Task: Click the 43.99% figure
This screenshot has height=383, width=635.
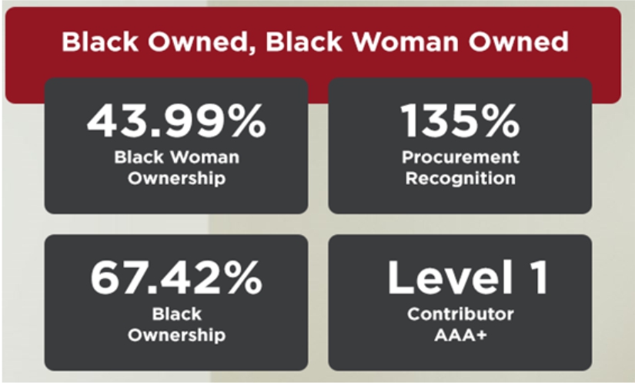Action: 176,120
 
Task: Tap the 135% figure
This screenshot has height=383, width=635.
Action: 460,120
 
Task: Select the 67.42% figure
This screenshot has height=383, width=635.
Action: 176,277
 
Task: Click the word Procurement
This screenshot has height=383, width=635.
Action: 460,157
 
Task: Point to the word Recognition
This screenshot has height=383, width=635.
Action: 460,178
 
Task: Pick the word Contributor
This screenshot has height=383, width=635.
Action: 460,314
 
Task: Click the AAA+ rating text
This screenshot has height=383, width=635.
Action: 460,335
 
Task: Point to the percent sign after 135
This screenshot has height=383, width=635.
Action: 500,120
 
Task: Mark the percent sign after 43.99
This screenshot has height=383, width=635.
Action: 247,120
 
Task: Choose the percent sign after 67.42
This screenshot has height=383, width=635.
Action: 243,277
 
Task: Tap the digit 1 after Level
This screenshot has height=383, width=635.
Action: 540,277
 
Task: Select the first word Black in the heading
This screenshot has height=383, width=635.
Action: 99,42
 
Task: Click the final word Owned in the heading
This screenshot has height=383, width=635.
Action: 519,42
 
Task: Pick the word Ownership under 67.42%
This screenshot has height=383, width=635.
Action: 176,335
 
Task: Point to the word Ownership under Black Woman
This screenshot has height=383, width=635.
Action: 176,178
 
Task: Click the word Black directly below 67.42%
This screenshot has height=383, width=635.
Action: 176,314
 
